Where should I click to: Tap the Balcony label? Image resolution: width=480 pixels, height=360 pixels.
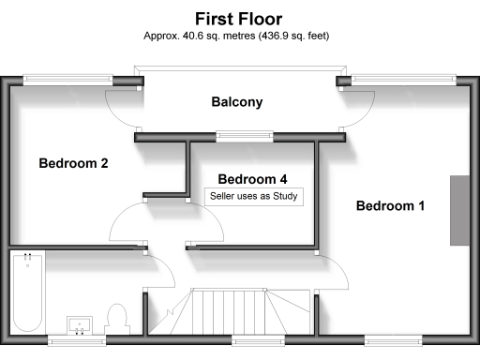236,102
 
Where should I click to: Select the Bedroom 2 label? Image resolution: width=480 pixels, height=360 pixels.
73,163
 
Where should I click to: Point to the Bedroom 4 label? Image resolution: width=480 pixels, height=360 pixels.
252,178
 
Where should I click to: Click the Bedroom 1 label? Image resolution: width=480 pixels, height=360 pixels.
390,205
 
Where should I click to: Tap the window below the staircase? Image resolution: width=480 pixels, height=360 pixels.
248,339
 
